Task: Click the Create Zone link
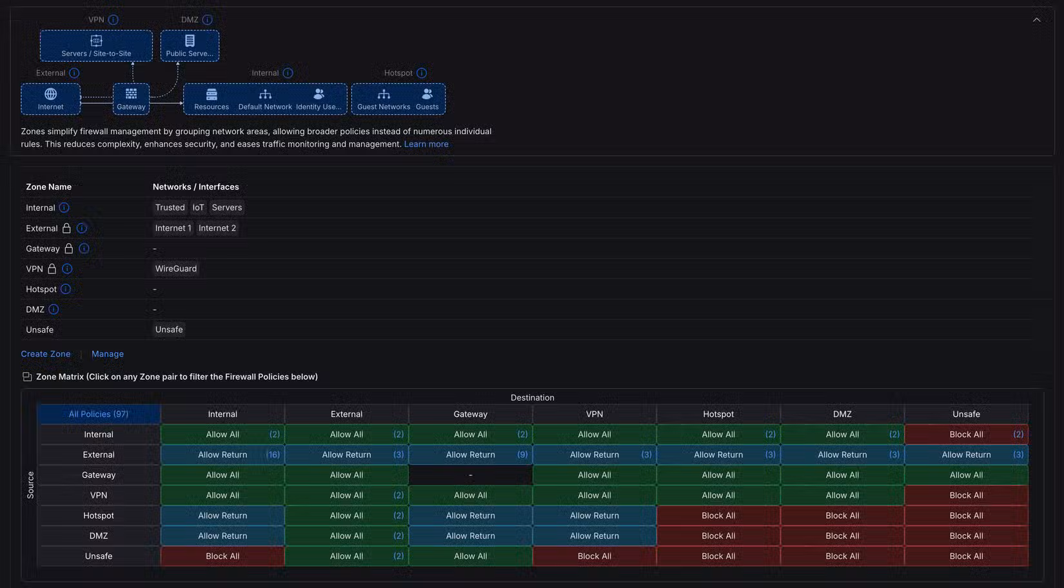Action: click(x=46, y=354)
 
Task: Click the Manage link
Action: click(x=107, y=354)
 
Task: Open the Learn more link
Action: click(x=426, y=144)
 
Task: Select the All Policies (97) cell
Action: click(x=99, y=414)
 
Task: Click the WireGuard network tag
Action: click(x=176, y=268)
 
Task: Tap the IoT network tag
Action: click(x=198, y=208)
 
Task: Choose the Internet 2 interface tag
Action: click(x=217, y=228)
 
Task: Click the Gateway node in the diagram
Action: click(x=131, y=99)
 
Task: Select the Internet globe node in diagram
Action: click(x=51, y=99)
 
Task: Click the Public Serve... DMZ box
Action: click(x=190, y=46)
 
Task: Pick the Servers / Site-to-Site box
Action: click(x=97, y=46)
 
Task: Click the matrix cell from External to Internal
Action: click(x=222, y=455)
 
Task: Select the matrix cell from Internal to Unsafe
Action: click(x=966, y=434)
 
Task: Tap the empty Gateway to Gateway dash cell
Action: click(x=470, y=475)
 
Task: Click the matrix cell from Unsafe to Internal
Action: click(x=222, y=556)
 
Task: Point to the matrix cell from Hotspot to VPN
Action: click(x=594, y=515)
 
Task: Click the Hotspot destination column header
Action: click(x=718, y=414)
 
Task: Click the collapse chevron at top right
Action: click(x=1036, y=20)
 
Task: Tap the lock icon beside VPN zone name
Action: click(x=52, y=269)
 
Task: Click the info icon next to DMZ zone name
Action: click(x=54, y=309)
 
